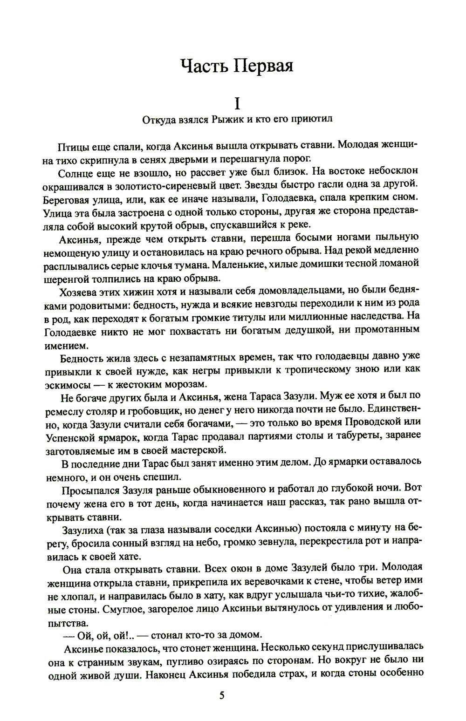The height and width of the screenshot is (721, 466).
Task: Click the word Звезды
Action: click(x=272, y=186)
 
